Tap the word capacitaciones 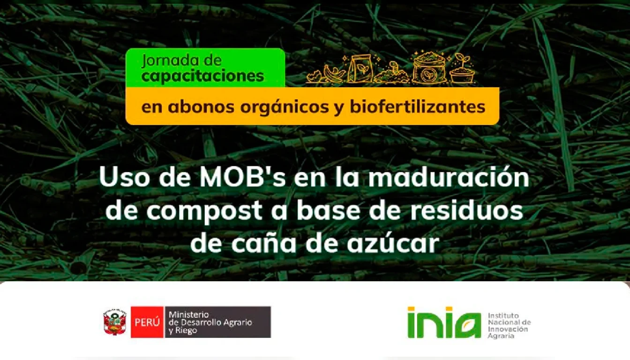[x=203, y=76]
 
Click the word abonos [x=201, y=107]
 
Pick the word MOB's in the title [x=243, y=178]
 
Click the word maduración [x=449, y=178]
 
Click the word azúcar [x=393, y=243]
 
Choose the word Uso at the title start [x=124, y=178]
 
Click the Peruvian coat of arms [x=115, y=322]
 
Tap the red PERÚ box [x=147, y=322]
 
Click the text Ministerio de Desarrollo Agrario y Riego [x=210, y=322]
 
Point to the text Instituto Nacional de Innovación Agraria [x=509, y=326]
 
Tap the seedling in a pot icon [x=462, y=68]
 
